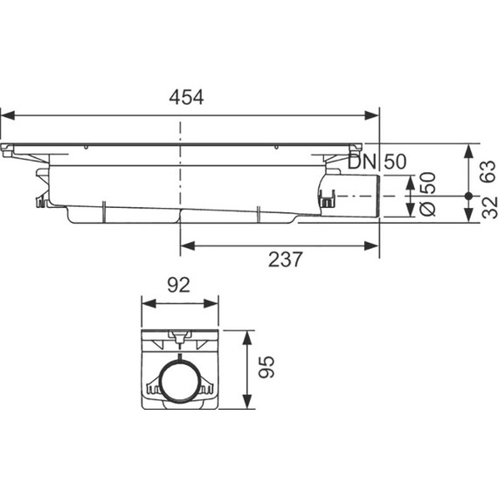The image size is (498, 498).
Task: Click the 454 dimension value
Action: click(x=186, y=97)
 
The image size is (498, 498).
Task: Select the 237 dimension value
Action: click(x=286, y=259)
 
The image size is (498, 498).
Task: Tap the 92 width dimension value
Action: click(x=179, y=285)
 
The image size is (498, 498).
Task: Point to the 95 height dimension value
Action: click(x=266, y=367)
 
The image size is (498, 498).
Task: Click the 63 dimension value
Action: click(x=488, y=171)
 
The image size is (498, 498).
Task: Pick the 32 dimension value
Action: click(x=489, y=207)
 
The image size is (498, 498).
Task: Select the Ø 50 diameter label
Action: click(x=427, y=194)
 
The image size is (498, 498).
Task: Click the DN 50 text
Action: click(x=377, y=162)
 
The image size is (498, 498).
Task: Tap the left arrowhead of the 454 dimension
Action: click(x=8, y=115)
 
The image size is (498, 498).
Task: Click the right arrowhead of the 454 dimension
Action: click(x=372, y=115)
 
